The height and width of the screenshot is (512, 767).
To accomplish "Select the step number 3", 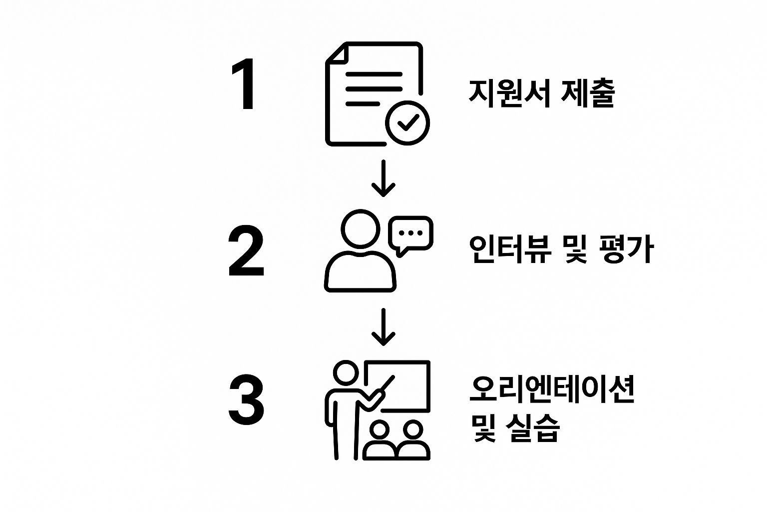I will [246, 400].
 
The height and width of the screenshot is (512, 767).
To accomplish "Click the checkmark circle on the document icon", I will [407, 122].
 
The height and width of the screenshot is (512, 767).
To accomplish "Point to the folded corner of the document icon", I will [335, 52].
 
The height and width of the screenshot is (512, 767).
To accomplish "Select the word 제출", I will [588, 92].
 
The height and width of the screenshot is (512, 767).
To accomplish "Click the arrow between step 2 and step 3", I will [383, 327].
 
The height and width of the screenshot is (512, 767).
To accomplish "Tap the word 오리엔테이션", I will [552, 388].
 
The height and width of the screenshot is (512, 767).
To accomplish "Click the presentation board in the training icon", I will [404, 385].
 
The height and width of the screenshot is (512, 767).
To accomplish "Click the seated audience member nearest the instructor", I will [381, 440].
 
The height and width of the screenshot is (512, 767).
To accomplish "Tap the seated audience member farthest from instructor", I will [413, 440].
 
